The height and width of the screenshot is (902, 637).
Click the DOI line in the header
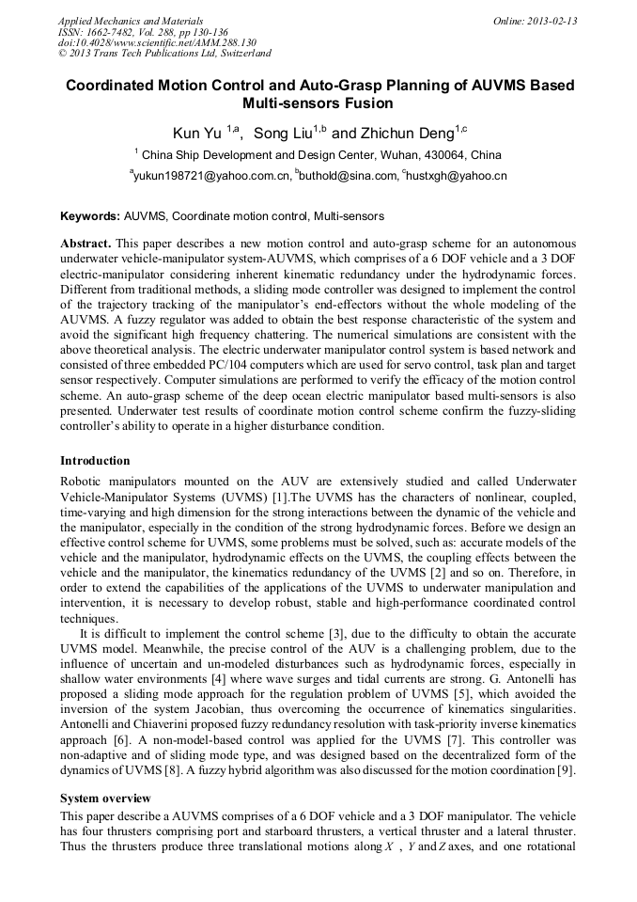[x=157, y=43]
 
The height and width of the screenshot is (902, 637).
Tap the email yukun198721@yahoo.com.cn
[x=211, y=176]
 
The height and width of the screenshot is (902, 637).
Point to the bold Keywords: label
[x=89, y=215]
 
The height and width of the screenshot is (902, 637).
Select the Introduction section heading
[x=95, y=461]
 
